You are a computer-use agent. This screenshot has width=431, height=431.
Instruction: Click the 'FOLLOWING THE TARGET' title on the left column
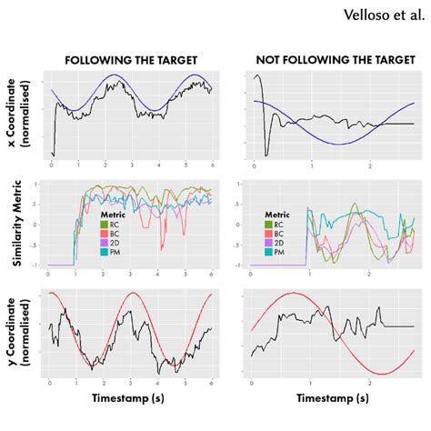click(x=131, y=60)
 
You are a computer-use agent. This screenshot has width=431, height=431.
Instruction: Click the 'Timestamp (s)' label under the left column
click(x=131, y=398)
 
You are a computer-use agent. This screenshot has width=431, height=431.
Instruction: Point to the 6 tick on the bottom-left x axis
click(x=212, y=383)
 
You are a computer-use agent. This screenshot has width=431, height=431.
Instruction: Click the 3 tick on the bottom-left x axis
click(x=132, y=383)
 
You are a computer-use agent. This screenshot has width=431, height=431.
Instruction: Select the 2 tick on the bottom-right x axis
click(x=370, y=383)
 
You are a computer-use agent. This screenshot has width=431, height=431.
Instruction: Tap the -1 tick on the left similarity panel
click(x=35, y=266)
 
